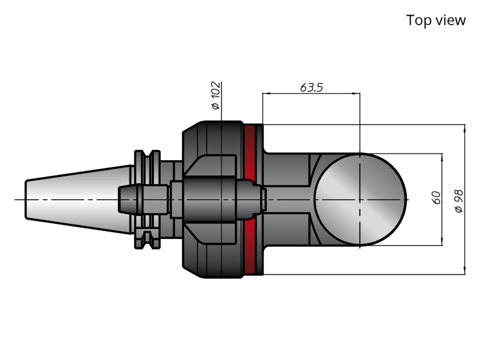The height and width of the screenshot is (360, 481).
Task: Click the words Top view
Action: click(436, 20)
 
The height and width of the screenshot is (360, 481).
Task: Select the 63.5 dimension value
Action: click(311, 88)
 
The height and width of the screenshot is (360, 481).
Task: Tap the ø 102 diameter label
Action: click(216, 95)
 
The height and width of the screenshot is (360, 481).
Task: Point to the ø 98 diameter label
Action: click(459, 201)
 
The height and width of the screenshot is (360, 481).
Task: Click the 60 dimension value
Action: click(436, 198)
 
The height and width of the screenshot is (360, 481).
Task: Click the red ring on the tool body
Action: click(250, 199)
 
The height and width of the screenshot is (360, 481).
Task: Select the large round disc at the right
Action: click(360, 199)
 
